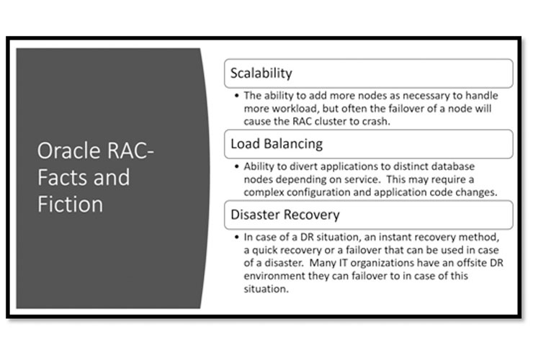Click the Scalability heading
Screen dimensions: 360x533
(261, 73)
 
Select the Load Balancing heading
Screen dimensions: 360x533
(275, 144)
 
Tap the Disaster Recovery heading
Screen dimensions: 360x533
(285, 215)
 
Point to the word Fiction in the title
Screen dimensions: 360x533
(70, 203)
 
